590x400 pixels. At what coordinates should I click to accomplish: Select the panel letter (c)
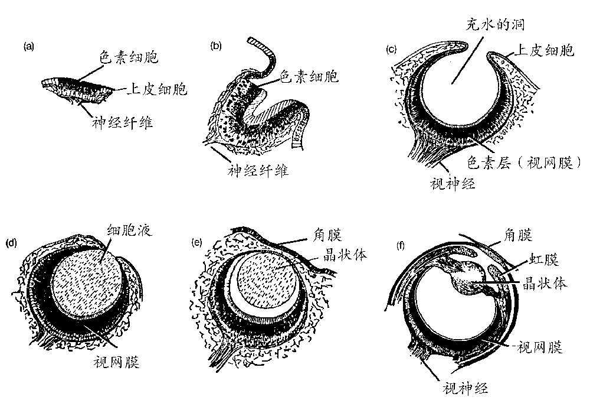pos(391,49)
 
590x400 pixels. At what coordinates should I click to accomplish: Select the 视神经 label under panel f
pos(466,388)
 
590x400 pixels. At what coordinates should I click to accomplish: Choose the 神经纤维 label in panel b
pos(258,171)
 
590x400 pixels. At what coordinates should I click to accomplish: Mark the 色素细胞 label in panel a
pos(129,58)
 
